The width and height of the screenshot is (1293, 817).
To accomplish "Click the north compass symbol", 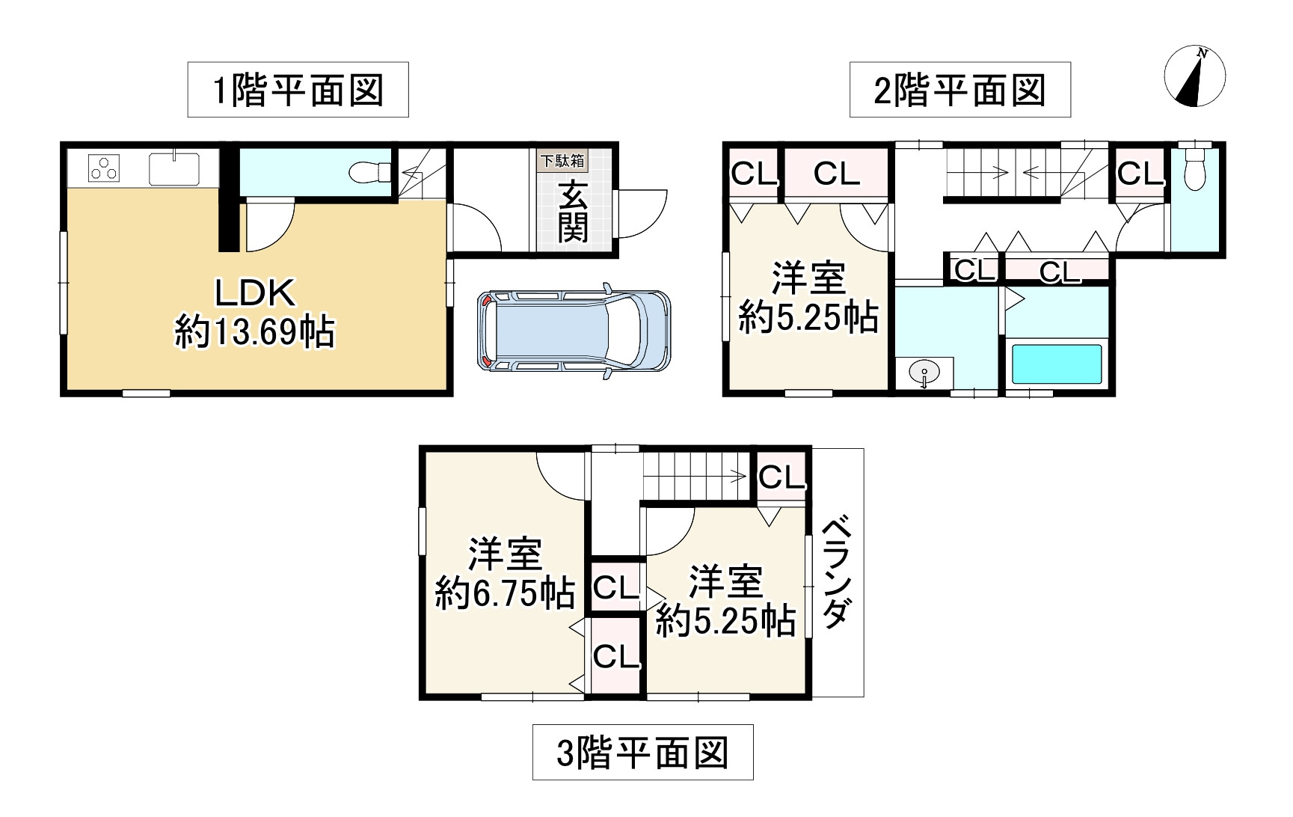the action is [x=1195, y=76].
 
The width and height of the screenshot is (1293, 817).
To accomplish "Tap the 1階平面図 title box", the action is [x=298, y=90].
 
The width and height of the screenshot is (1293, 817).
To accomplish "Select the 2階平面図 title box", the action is [x=959, y=90].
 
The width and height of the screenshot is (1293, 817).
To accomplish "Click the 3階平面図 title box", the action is [x=642, y=752].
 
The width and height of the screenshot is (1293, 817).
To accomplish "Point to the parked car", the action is [x=574, y=331].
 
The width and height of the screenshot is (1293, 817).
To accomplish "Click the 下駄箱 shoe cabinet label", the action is [x=562, y=160].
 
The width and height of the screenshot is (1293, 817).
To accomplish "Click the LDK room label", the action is [x=255, y=293].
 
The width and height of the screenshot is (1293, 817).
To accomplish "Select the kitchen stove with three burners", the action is [x=104, y=168].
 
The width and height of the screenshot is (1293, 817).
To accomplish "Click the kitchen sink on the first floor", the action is [x=174, y=168].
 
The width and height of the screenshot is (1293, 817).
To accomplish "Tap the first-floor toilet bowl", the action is [x=369, y=173].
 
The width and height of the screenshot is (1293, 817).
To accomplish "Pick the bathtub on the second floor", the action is [x=1056, y=364].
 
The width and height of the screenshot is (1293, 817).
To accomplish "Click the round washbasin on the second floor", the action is [x=925, y=373].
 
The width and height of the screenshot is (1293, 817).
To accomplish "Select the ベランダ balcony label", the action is [x=837, y=572].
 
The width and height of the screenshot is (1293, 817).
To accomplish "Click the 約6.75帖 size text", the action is [x=505, y=594].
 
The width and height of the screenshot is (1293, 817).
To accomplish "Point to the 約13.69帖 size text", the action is [x=255, y=331].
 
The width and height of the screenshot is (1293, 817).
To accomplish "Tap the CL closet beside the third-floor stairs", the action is [x=781, y=477].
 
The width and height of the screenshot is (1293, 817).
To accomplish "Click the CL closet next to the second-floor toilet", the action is [x=1140, y=174].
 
